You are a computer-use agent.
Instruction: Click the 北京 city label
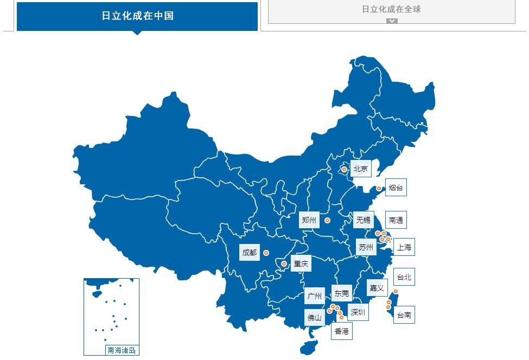click(x=361, y=169)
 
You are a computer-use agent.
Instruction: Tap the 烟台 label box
click(x=396, y=188)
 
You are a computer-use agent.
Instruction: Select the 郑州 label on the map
click(x=309, y=220)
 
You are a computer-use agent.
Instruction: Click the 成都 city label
click(x=250, y=253)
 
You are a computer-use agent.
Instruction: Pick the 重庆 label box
click(x=301, y=264)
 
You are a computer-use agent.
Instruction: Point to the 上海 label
click(x=404, y=247)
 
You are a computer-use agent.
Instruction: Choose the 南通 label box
click(x=396, y=220)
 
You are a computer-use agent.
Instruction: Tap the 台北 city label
click(x=404, y=278)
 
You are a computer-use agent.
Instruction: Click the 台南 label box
click(x=404, y=315)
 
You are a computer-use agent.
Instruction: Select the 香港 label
click(x=342, y=331)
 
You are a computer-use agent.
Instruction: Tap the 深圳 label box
click(x=358, y=312)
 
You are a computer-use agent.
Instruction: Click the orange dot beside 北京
click(x=344, y=170)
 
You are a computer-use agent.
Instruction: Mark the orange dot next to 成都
click(x=266, y=253)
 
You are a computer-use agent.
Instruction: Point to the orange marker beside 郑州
click(x=327, y=220)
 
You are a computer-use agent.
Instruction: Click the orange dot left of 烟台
click(x=379, y=189)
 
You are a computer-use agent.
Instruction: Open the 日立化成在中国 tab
click(x=137, y=16)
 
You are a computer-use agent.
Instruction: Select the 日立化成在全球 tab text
click(x=391, y=9)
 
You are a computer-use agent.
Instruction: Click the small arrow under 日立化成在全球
click(x=392, y=21)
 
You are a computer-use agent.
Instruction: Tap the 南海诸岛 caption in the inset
click(x=122, y=350)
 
